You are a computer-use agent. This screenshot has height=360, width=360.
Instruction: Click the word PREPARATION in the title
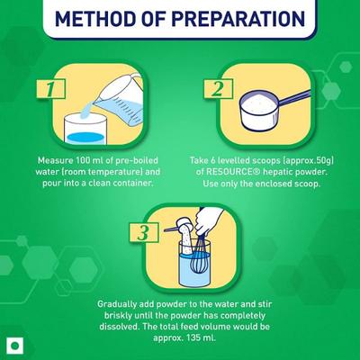tap(238, 18)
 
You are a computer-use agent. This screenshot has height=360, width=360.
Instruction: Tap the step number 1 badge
tap(50, 89)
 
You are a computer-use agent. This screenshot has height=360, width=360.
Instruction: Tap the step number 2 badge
tap(218, 88)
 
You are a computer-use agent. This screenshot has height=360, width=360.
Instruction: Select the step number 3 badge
tap(144, 232)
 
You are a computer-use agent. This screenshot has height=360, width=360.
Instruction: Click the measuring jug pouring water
tap(120, 99)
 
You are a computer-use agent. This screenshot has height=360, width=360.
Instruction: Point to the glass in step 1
tap(85, 129)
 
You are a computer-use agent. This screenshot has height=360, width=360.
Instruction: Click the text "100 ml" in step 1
tap(89, 160)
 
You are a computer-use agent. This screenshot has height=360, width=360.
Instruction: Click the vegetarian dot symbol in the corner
tap(14, 346)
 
